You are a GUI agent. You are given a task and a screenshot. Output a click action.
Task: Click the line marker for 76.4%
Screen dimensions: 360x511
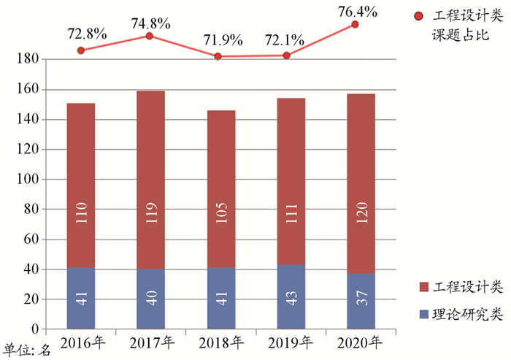pyautogui.click(x=356, y=24)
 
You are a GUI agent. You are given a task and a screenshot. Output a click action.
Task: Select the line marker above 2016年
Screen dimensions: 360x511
pyautogui.click(x=80, y=50)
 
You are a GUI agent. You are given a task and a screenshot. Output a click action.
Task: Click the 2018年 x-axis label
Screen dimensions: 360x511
pyautogui.click(x=221, y=342)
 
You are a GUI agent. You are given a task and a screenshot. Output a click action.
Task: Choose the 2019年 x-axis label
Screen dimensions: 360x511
pyautogui.click(x=291, y=342)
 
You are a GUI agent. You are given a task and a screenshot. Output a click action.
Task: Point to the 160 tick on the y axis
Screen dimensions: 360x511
pyautogui.click(x=26, y=90)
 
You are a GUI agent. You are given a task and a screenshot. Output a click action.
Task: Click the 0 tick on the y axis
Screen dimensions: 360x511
pyautogui.click(x=32, y=329)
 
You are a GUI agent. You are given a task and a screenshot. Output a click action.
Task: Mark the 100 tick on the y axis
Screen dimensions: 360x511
pyautogui.click(x=26, y=180)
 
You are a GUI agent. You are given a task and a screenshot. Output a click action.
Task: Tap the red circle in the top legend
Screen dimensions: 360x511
pyautogui.click(x=418, y=16)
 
